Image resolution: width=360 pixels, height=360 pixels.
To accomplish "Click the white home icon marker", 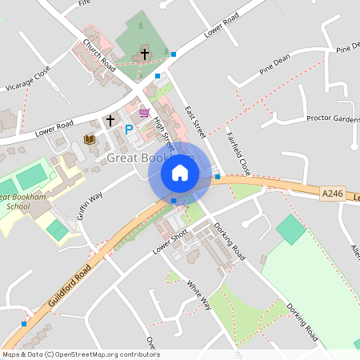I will coord(180,172).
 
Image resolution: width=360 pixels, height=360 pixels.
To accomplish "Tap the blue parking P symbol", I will coord(128,128).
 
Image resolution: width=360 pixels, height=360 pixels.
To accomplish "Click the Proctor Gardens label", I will coord(333,118).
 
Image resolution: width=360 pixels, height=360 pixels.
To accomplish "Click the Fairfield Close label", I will coord(238,153).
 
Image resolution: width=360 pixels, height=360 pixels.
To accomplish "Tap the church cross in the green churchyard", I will coord(145,54).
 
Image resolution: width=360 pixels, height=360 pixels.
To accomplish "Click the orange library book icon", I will coord(90,140).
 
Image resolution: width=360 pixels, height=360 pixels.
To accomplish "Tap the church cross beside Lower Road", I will coord(110,121).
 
